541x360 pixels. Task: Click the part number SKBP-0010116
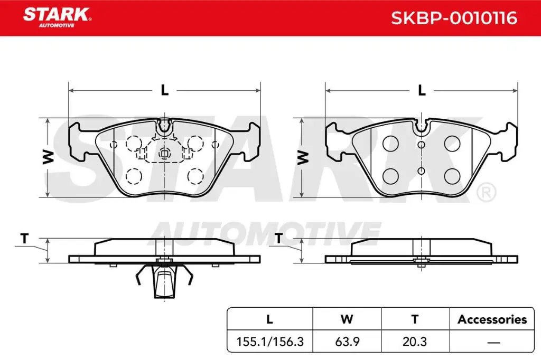(454, 18)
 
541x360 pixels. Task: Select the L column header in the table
(270, 319)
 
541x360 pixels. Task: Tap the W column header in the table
(347, 319)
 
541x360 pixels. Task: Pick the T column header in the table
(415, 319)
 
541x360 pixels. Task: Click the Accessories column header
(492, 319)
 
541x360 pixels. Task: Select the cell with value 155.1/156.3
(270, 342)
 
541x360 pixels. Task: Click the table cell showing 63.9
(347, 342)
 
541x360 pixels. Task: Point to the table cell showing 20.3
(415, 342)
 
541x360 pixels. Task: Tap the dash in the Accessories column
(492, 342)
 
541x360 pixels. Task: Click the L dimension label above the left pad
(165, 90)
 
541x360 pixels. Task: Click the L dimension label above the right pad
(422, 90)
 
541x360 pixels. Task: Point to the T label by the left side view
(24, 239)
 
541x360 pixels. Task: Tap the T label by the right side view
(278, 239)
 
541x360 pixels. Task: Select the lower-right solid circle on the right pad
(452, 176)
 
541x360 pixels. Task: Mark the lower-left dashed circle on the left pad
(134, 175)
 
